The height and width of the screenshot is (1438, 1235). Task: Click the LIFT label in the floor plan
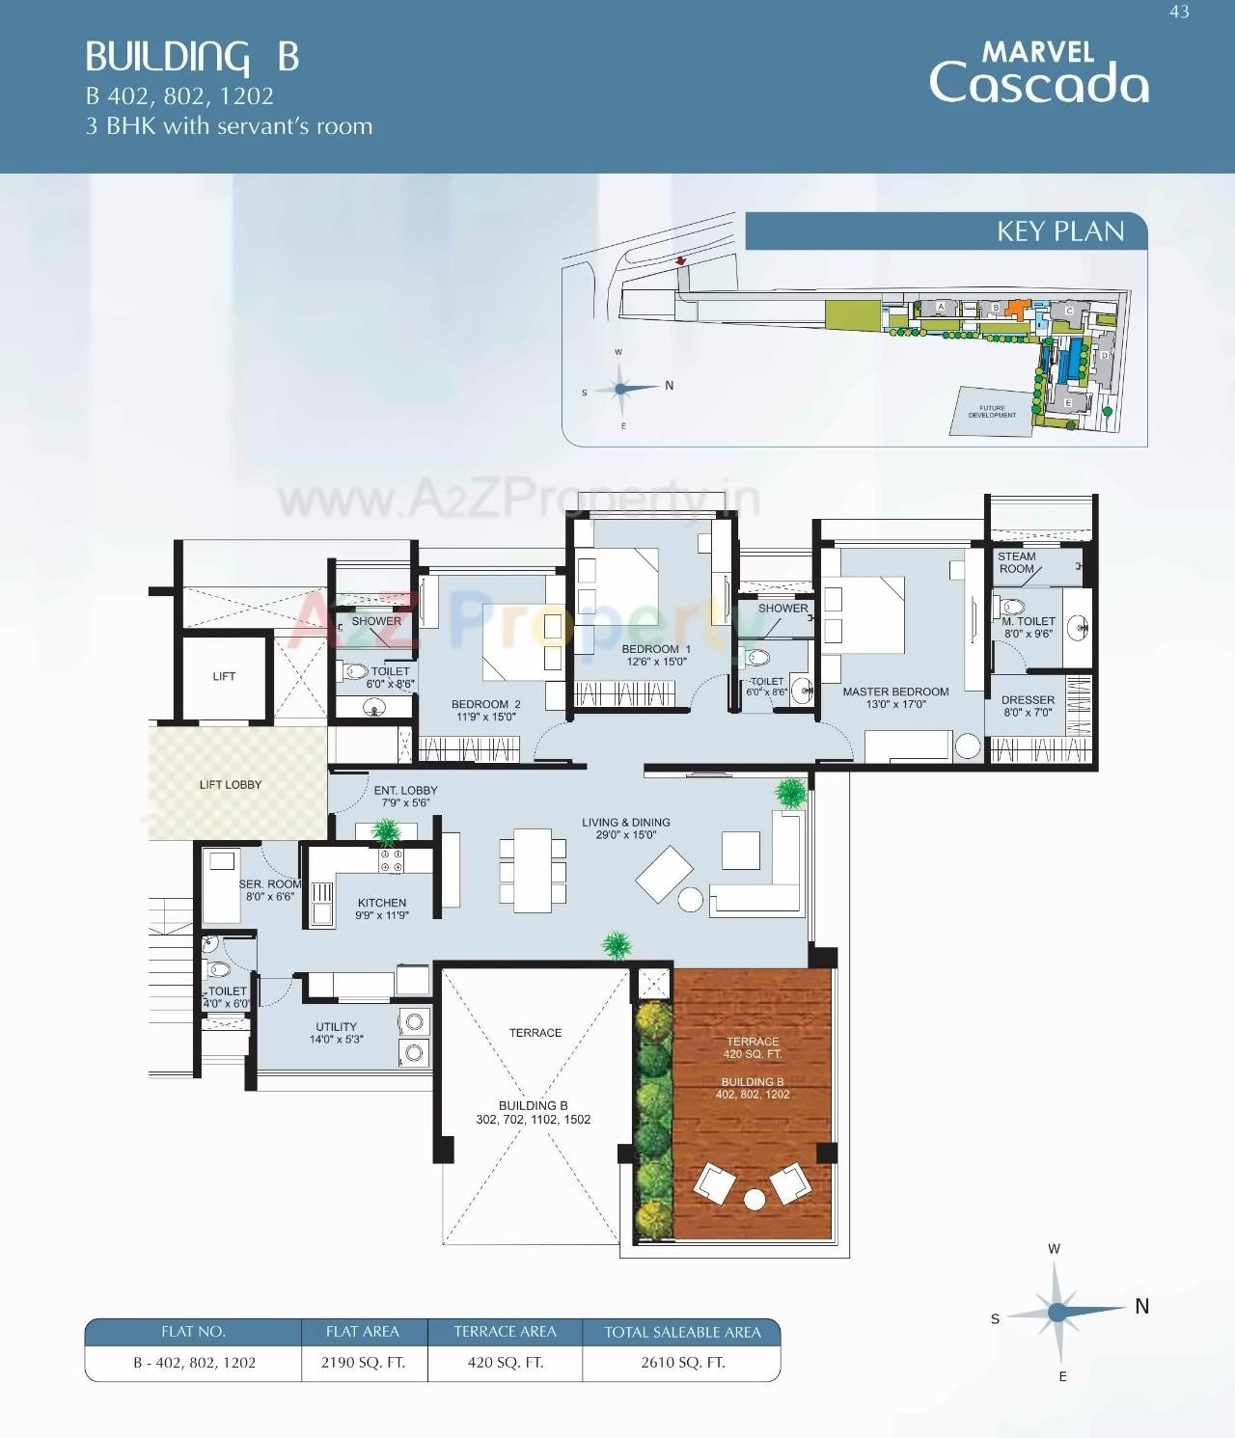pyautogui.click(x=224, y=676)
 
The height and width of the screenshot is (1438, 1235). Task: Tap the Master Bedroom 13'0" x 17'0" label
pyautogui.click(x=895, y=697)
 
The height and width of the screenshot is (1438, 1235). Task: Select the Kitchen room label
pyautogui.click(x=382, y=909)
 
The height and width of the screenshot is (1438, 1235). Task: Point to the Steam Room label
pyautogui.click(x=1017, y=562)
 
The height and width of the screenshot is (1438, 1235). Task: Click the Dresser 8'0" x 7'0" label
pyautogui.click(x=1028, y=706)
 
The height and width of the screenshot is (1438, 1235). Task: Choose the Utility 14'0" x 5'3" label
pyautogui.click(x=336, y=1033)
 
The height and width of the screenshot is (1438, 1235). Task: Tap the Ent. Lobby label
pyautogui.click(x=405, y=796)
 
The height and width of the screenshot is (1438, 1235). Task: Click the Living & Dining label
pyautogui.click(x=625, y=828)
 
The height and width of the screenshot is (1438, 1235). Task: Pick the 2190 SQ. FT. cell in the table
pyautogui.click(x=363, y=1363)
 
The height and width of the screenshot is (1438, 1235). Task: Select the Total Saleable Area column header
pyautogui.click(x=682, y=1332)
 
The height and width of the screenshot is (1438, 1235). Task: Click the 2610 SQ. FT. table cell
pyautogui.click(x=682, y=1363)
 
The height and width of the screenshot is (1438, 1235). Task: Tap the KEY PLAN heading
pyautogui.click(x=1059, y=231)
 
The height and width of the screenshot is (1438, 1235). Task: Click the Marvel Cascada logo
pyautogui.click(x=1039, y=72)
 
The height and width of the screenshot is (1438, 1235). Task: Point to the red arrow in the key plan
pyautogui.click(x=680, y=260)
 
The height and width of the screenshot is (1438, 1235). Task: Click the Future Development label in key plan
pyautogui.click(x=992, y=412)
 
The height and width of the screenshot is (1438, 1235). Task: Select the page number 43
pyautogui.click(x=1179, y=13)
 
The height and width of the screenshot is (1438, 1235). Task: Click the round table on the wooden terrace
pyautogui.click(x=754, y=1200)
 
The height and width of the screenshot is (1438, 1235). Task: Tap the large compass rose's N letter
pyautogui.click(x=1141, y=1306)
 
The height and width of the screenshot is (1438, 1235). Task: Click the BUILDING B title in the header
pyautogui.click(x=192, y=57)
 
